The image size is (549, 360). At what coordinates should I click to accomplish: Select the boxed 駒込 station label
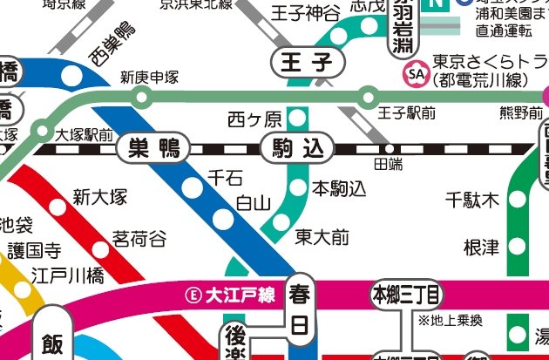[298, 148]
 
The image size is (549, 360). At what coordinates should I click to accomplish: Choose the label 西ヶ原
[254, 119]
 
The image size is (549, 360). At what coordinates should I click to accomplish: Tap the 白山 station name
[254, 203]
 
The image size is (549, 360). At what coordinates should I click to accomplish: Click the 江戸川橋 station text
[67, 276]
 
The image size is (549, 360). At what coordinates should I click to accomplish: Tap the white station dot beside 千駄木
[518, 200]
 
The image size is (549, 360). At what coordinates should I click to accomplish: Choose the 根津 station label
[481, 247]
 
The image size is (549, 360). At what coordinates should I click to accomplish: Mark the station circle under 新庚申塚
[141, 96]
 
